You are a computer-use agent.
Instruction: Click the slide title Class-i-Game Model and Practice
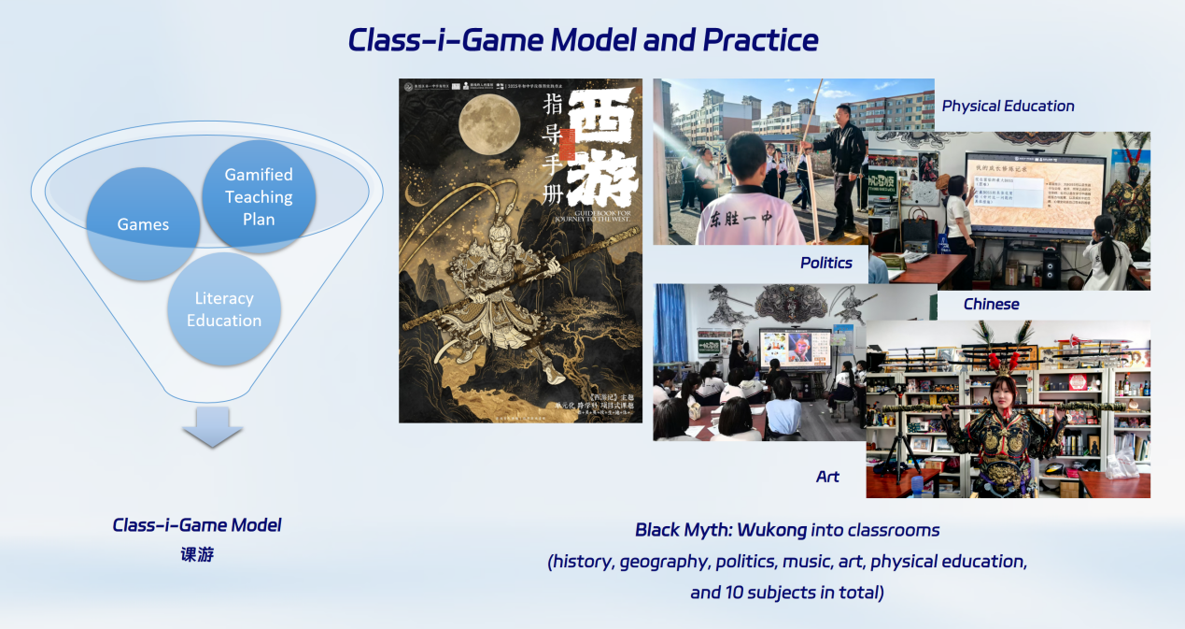[583, 40]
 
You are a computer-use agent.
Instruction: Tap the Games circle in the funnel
[143, 224]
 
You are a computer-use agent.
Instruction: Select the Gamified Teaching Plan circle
[259, 196]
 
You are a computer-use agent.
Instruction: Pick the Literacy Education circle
[224, 309]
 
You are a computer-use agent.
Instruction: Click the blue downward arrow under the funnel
[212, 427]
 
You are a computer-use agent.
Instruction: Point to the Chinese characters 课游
[197, 554]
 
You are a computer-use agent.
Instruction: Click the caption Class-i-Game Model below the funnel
[197, 525]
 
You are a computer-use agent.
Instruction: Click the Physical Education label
[1008, 106]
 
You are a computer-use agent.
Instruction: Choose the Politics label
[826, 263]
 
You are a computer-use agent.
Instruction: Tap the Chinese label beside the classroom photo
[991, 304]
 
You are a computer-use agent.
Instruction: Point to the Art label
[827, 477]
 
